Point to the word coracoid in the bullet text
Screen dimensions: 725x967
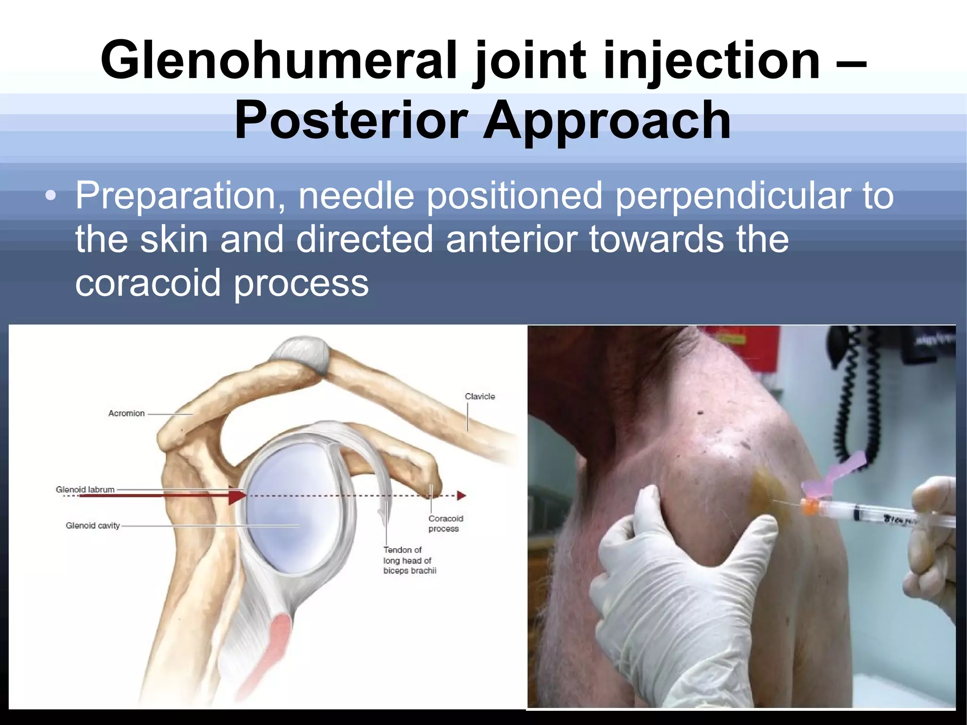click(148, 283)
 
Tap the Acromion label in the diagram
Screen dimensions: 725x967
click(127, 413)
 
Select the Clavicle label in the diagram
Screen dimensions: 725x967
click(480, 396)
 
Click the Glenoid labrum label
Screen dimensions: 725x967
click(85, 489)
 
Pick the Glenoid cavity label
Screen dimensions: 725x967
click(93, 525)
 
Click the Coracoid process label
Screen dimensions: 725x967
click(445, 523)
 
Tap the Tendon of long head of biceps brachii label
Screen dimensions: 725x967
click(409, 560)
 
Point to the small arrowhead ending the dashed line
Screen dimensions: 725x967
click(461, 495)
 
